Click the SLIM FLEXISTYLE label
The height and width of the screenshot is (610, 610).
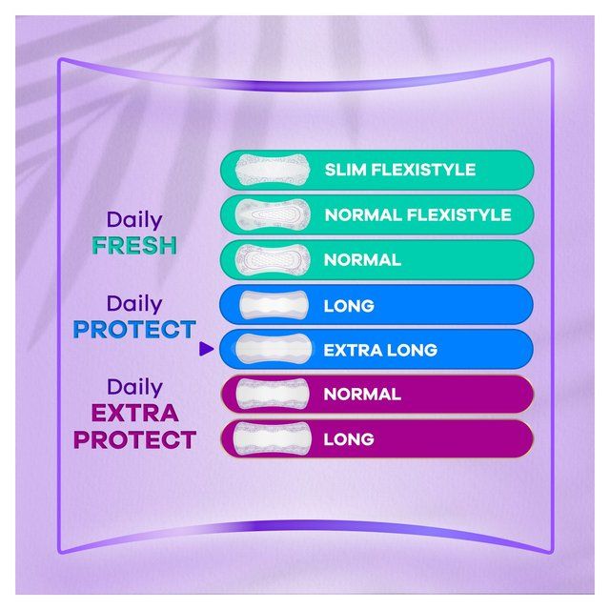(399, 171)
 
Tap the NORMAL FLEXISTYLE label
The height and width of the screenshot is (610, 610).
(417, 215)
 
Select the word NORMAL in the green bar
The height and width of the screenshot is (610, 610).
(362, 260)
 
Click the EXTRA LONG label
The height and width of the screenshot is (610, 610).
(380, 350)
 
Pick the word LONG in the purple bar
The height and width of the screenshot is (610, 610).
(349, 439)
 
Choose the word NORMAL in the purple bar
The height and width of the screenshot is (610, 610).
(362, 394)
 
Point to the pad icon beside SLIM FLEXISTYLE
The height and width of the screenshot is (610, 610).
(270, 171)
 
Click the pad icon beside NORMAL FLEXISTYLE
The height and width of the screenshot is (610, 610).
(270, 215)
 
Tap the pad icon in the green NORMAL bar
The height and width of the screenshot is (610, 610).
(270, 260)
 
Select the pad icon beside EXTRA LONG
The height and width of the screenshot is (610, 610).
(270, 350)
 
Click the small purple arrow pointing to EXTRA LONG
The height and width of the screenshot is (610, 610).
(205, 350)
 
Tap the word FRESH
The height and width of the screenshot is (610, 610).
(134, 245)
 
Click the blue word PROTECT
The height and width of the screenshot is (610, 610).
(134, 330)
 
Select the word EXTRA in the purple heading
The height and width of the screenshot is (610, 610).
(134, 414)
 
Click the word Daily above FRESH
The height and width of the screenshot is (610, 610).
(134, 220)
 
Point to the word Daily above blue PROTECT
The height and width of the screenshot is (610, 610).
(134, 304)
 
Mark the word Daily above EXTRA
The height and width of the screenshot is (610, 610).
(134, 387)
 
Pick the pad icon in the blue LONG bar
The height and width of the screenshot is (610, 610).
(270, 306)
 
